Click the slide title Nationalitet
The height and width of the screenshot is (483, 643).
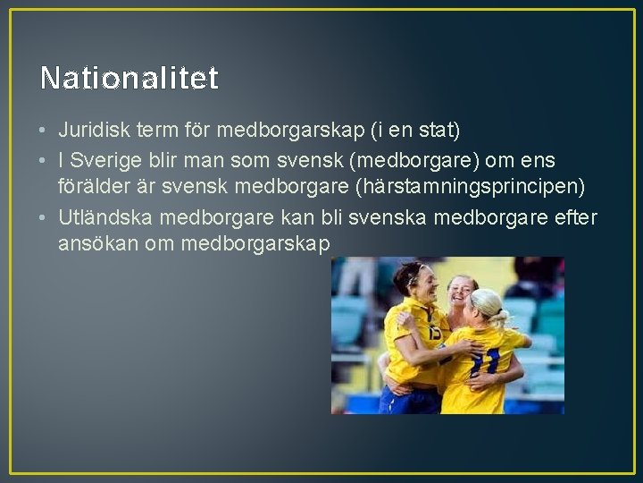[x=129, y=79]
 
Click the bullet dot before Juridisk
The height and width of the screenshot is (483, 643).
[x=43, y=131]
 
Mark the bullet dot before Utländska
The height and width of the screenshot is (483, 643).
[x=43, y=217]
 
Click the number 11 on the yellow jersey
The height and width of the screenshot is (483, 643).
[x=485, y=361]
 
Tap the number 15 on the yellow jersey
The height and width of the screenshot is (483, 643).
[x=434, y=333]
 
